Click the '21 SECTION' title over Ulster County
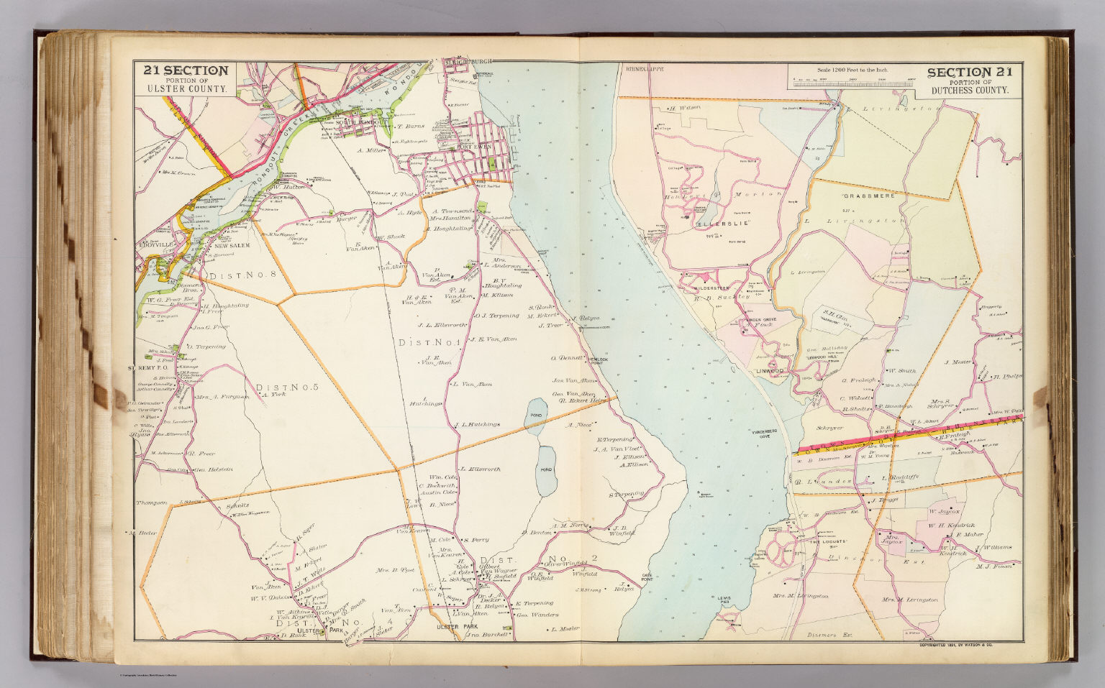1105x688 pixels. coord(186,70)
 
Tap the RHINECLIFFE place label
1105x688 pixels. coord(641,70)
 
